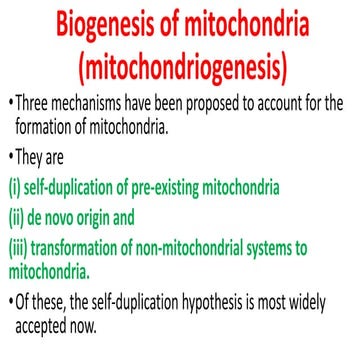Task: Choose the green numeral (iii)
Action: click(x=18, y=242)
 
